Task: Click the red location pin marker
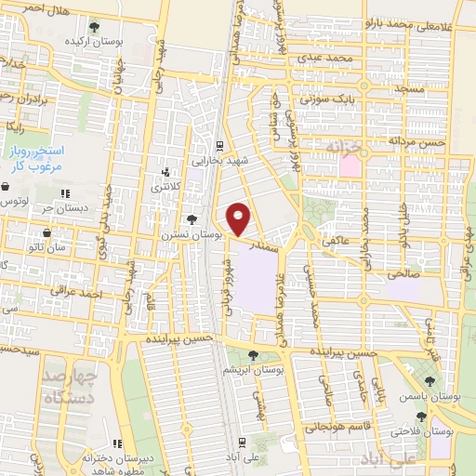pyautogui.click(x=239, y=218)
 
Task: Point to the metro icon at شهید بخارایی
pyautogui.click(x=218, y=144)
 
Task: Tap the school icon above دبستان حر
pyautogui.click(x=65, y=193)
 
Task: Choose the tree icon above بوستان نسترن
pyautogui.click(x=192, y=220)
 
